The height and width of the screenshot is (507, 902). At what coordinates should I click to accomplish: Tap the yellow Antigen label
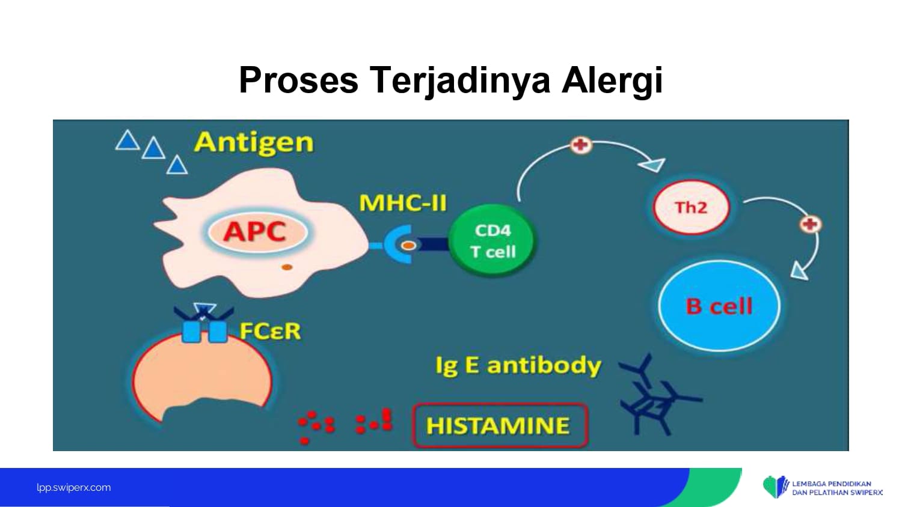click(x=254, y=143)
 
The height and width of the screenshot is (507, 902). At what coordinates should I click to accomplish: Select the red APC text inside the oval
click(x=255, y=231)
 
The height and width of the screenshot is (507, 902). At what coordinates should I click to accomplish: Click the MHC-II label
click(x=403, y=202)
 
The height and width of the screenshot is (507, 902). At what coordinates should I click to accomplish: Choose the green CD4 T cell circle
click(x=492, y=240)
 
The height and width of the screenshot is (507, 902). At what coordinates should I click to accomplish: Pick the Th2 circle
click(x=691, y=207)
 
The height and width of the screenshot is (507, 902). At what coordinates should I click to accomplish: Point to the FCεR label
click(x=270, y=331)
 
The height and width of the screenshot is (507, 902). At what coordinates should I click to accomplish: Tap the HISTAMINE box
click(x=500, y=425)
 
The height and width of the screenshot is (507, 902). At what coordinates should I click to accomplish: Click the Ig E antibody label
click(x=518, y=365)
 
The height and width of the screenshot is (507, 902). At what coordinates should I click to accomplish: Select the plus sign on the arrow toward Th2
click(x=581, y=145)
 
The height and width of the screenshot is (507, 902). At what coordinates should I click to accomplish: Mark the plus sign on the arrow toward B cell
click(x=811, y=224)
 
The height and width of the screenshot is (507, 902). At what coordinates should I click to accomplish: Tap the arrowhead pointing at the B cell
click(x=800, y=271)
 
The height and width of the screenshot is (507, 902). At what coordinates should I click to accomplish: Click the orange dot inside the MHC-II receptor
click(x=408, y=246)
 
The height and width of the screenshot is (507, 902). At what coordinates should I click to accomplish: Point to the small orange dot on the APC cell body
click(x=287, y=267)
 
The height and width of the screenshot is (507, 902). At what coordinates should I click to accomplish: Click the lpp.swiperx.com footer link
click(x=74, y=487)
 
